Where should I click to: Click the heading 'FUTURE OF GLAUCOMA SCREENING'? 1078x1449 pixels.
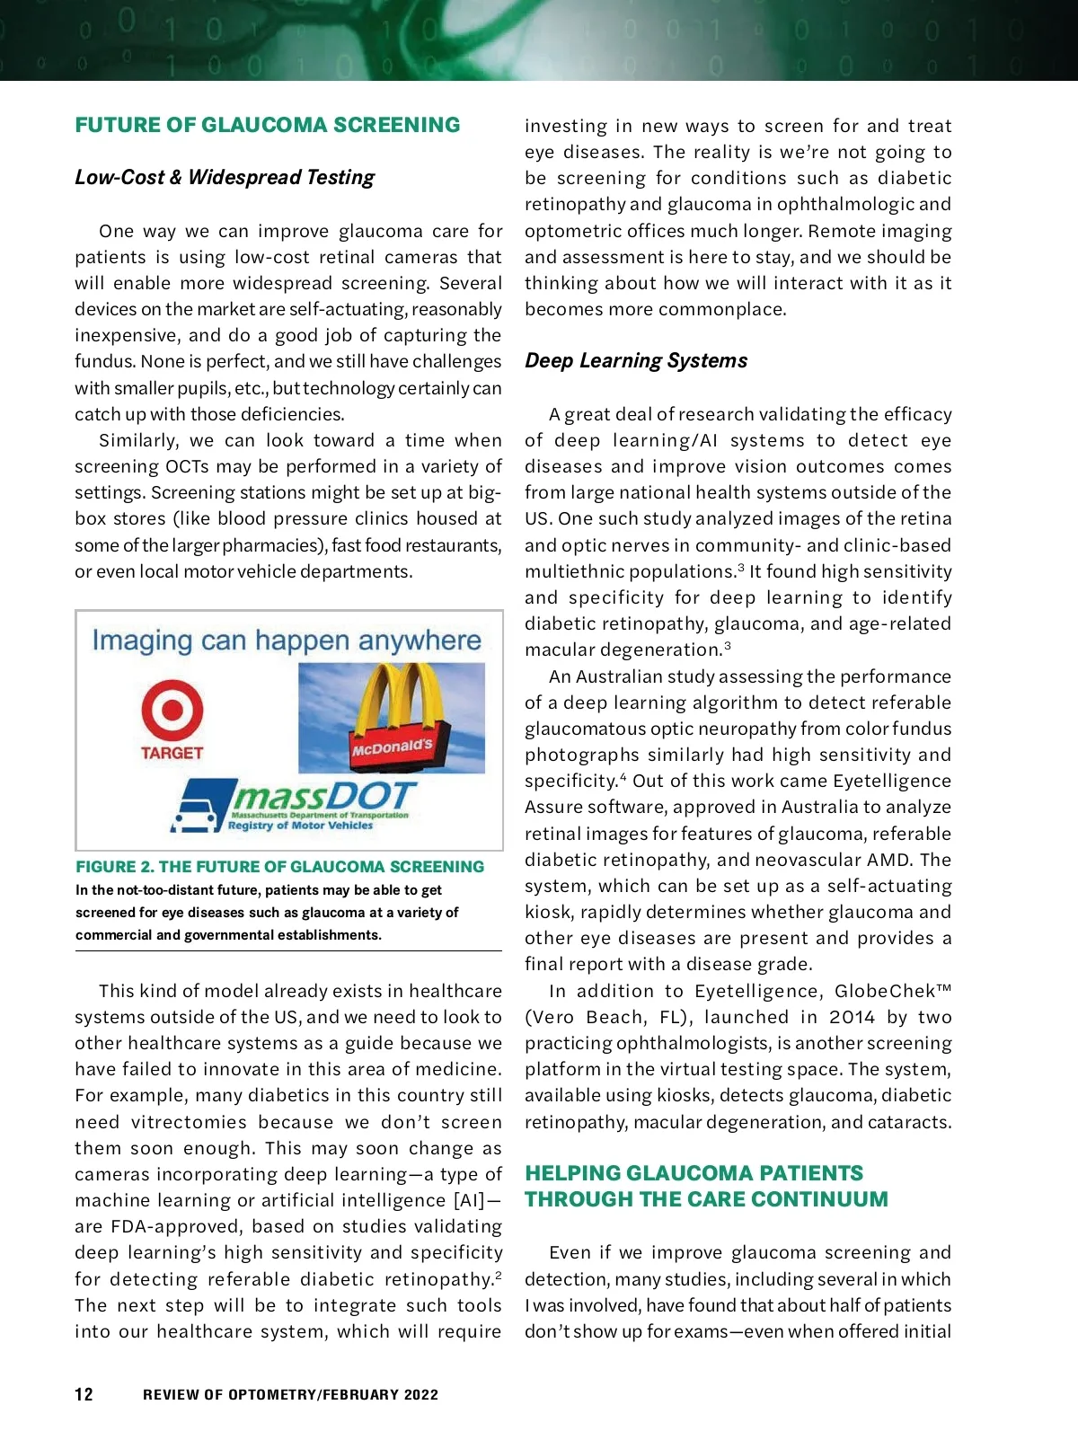click(x=267, y=125)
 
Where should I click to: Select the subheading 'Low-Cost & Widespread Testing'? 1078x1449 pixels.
click(x=225, y=177)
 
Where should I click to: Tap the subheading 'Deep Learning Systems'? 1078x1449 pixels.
click(x=636, y=360)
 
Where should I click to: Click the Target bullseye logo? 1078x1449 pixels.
click(x=172, y=711)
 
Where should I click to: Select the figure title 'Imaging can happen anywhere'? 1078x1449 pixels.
click(x=287, y=641)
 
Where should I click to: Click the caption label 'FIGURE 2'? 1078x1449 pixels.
click(x=113, y=867)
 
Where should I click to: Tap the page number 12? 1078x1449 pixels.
click(x=84, y=1394)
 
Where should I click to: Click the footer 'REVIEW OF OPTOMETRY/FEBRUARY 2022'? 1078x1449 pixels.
click(x=290, y=1395)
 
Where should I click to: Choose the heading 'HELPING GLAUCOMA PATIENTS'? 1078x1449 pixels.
click(x=694, y=1173)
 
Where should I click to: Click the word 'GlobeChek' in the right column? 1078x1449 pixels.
click(x=885, y=991)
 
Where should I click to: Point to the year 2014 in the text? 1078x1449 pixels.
click(x=852, y=1017)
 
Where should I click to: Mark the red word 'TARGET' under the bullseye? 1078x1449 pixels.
click(x=172, y=753)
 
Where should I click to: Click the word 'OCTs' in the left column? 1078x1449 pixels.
click(x=187, y=466)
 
